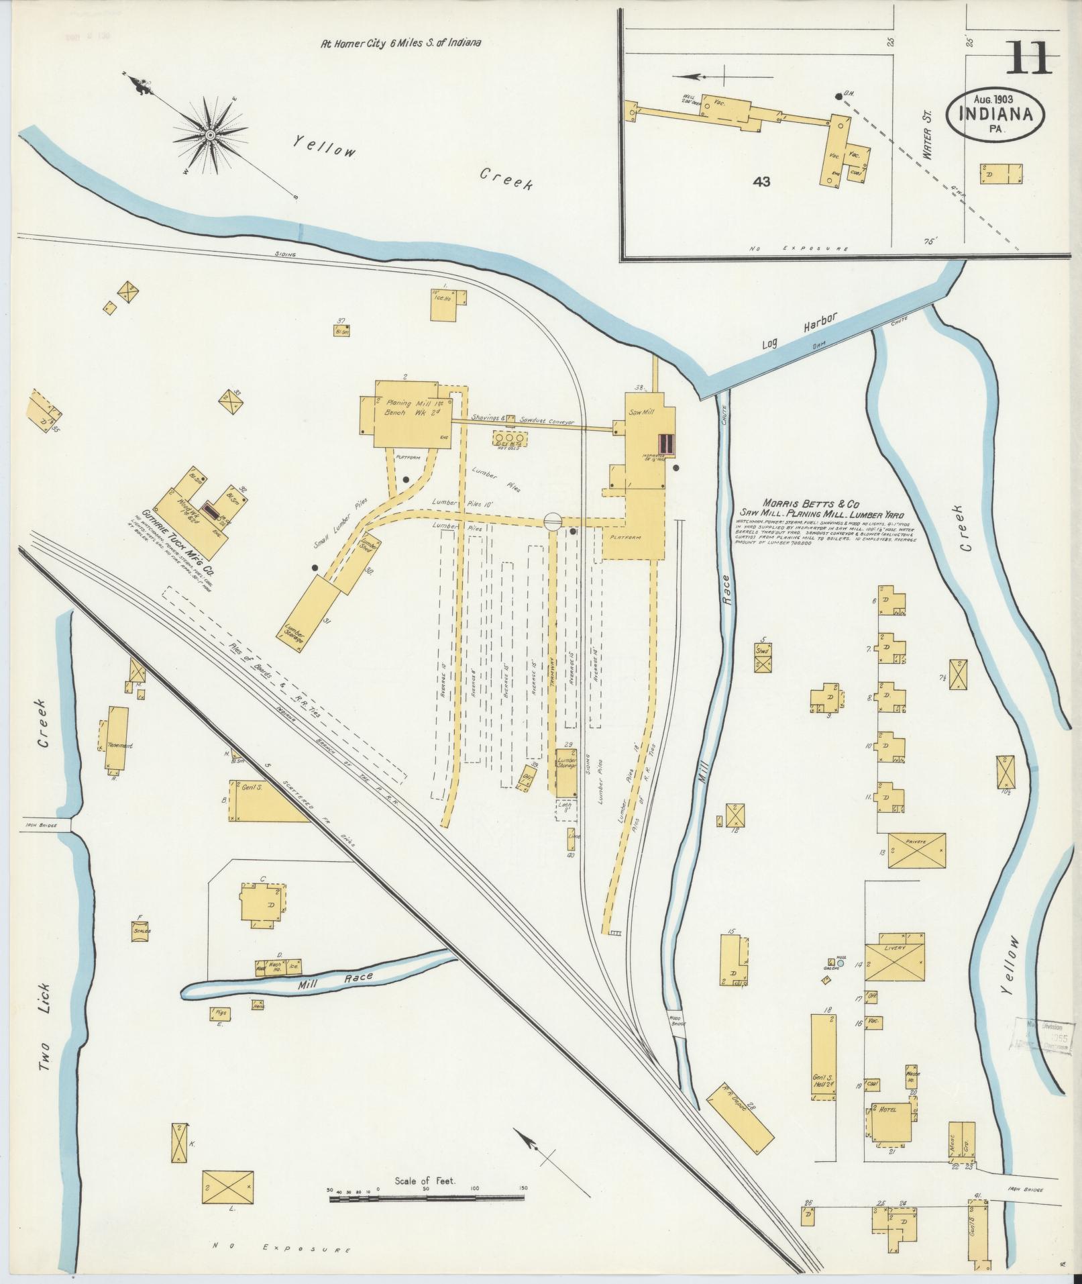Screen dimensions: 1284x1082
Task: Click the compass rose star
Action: click(210, 136)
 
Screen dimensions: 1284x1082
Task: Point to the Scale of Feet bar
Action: click(425, 727)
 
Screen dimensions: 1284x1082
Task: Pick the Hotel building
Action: click(891, 1118)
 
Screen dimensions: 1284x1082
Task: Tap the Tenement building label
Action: click(119, 746)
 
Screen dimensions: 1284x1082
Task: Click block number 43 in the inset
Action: click(761, 181)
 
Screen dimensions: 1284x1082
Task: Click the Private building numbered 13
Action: click(916, 850)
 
